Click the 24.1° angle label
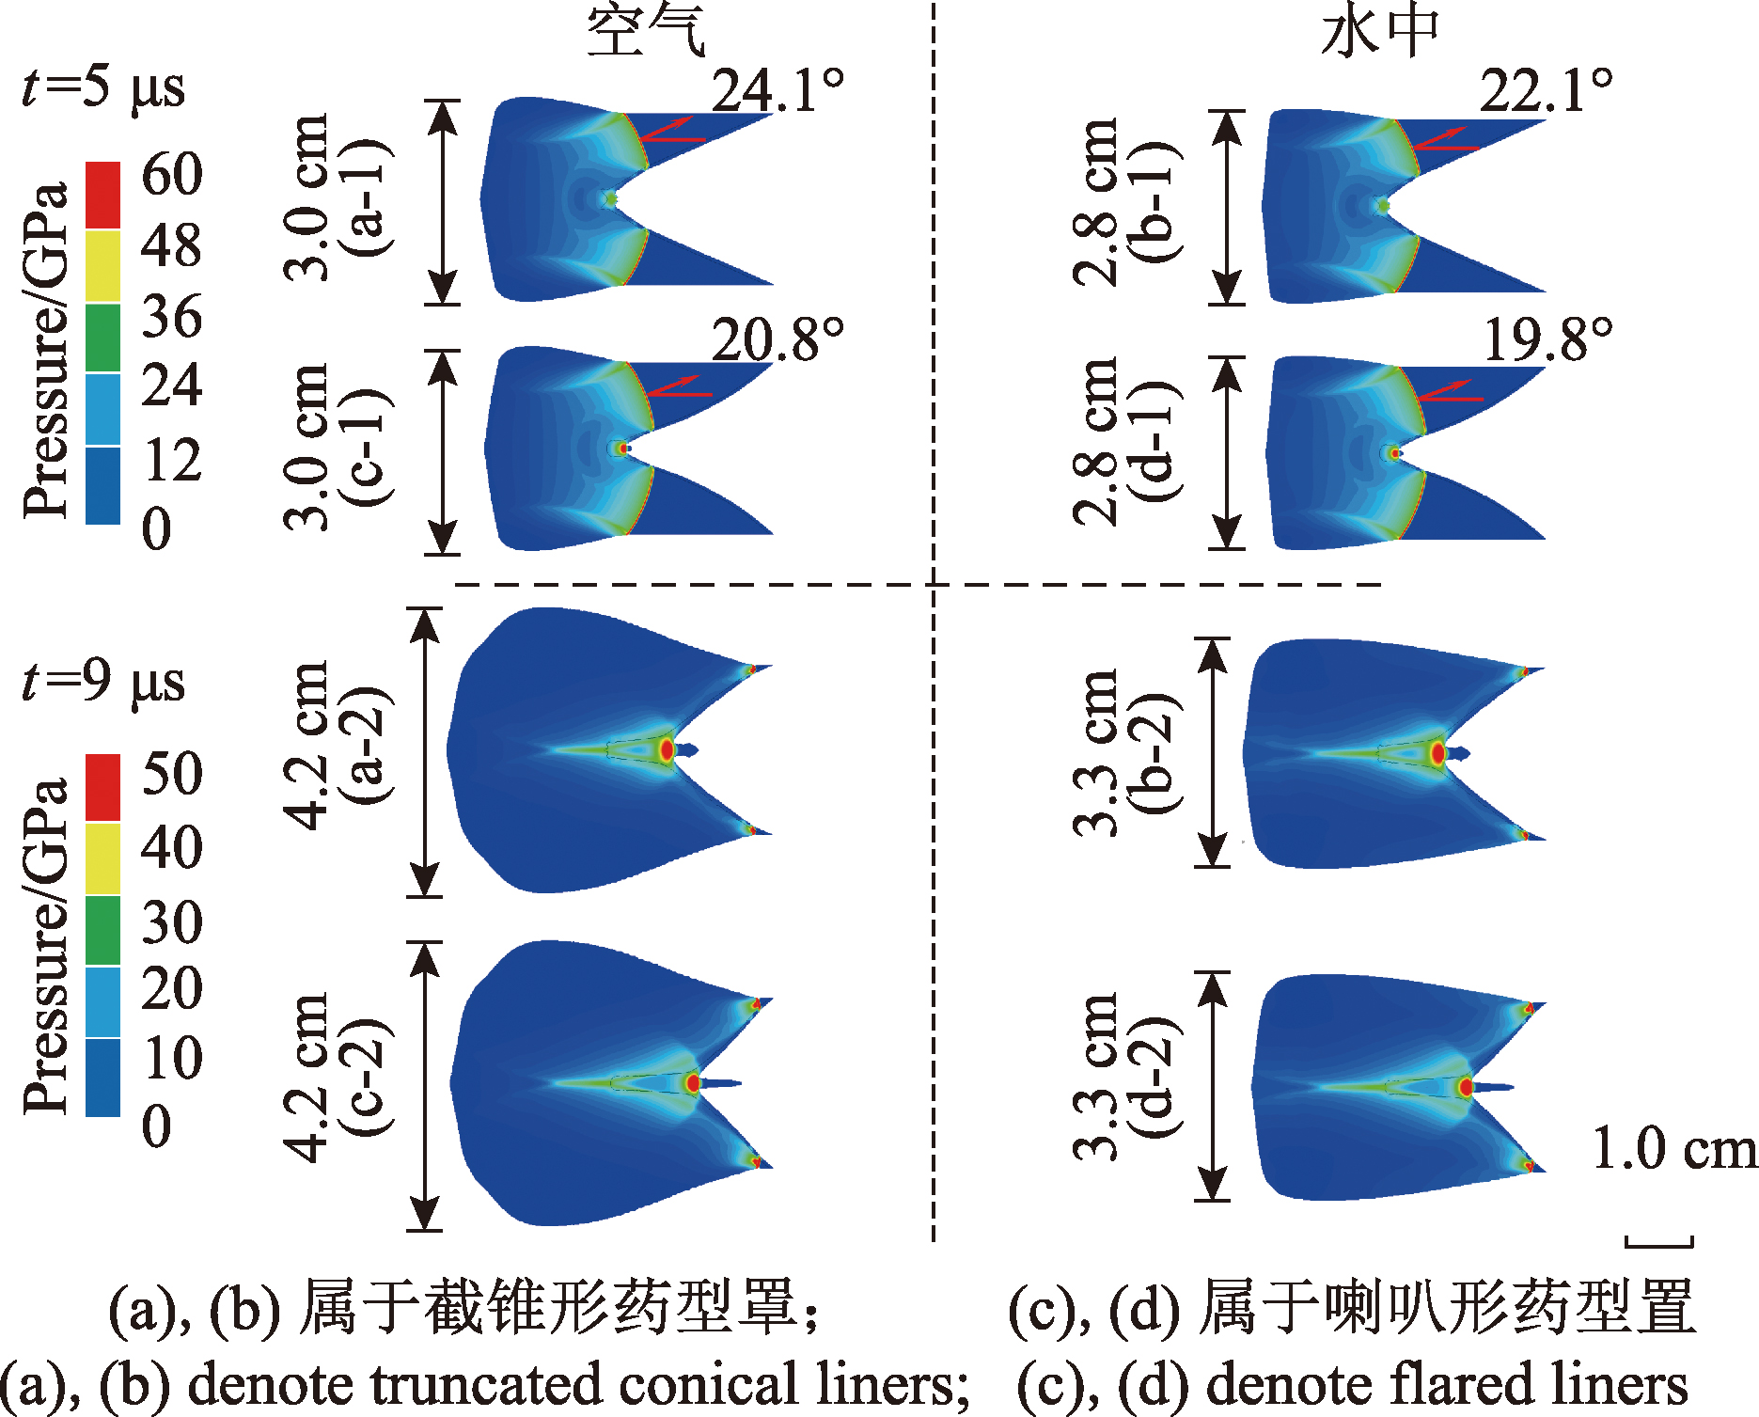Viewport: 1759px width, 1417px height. tap(777, 91)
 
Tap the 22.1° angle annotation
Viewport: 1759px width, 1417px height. tap(1547, 91)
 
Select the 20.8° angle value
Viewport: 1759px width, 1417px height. tap(777, 339)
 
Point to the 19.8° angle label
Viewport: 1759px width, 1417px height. tap(1547, 339)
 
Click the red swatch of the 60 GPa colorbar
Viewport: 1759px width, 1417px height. tap(102, 195)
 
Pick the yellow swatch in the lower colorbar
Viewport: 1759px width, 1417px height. tap(102, 858)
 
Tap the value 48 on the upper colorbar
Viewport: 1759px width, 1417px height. tap(172, 245)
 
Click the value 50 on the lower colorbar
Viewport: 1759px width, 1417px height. tap(172, 774)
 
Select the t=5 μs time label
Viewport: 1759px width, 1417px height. tap(103, 87)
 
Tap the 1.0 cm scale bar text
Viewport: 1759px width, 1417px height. tap(1674, 1149)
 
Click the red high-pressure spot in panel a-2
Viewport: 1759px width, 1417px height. tap(667, 749)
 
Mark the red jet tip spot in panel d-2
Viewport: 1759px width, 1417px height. tap(1465, 1087)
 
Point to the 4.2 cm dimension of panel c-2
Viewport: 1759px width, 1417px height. tap(307, 1078)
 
